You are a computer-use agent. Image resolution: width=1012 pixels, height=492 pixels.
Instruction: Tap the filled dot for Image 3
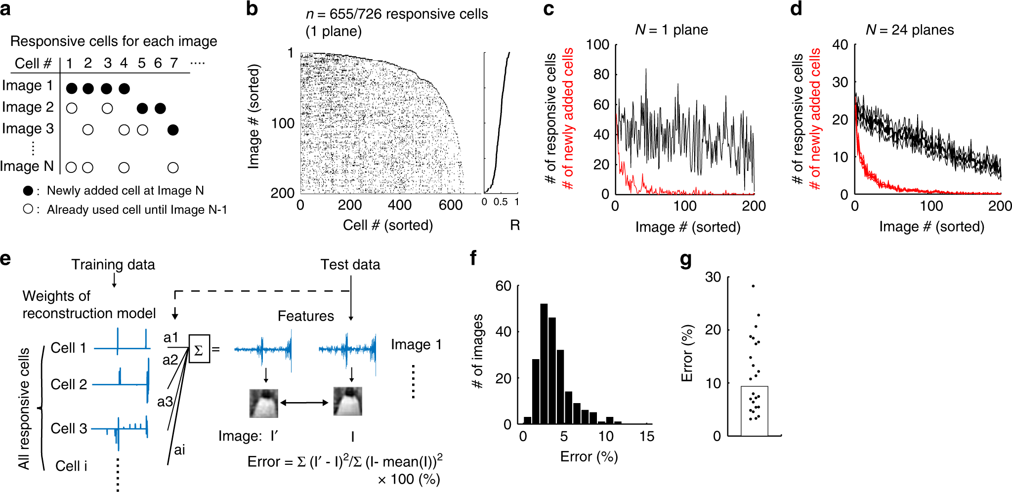[x=173, y=130]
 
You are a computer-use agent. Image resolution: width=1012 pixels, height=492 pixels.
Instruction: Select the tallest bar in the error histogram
[x=544, y=364]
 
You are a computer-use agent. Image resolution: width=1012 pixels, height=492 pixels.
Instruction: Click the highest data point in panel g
[x=753, y=286]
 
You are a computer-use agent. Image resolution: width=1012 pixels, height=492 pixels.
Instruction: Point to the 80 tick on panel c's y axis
[x=601, y=74]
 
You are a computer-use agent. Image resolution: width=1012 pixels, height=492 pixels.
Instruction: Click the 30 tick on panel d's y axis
[x=840, y=82]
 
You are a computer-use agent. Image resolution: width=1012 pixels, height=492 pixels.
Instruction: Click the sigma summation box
[x=199, y=349]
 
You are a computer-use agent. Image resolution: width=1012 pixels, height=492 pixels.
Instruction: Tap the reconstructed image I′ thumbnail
[x=264, y=403]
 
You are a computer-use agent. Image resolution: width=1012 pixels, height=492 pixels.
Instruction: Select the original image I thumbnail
[x=348, y=401]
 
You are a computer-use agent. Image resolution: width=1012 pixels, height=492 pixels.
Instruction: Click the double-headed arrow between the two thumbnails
[x=305, y=403]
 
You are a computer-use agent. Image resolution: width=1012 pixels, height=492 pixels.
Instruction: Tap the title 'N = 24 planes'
[x=909, y=30]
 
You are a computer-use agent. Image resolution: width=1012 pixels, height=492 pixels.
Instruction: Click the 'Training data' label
[x=113, y=265]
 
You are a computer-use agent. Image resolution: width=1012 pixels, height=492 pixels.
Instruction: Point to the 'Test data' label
[x=350, y=265]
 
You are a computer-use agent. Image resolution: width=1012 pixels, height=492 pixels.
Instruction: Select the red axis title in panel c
[x=569, y=119]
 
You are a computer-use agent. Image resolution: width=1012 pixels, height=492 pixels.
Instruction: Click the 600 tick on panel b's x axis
[x=451, y=205]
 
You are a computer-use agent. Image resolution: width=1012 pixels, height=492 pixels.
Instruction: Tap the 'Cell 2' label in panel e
[x=69, y=384]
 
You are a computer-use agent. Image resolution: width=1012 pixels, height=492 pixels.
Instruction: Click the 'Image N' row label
[x=27, y=166]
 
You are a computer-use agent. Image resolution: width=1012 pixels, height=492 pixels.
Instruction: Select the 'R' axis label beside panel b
[x=515, y=225]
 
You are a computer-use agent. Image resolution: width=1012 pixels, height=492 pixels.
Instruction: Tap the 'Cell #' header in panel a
[x=33, y=63]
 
